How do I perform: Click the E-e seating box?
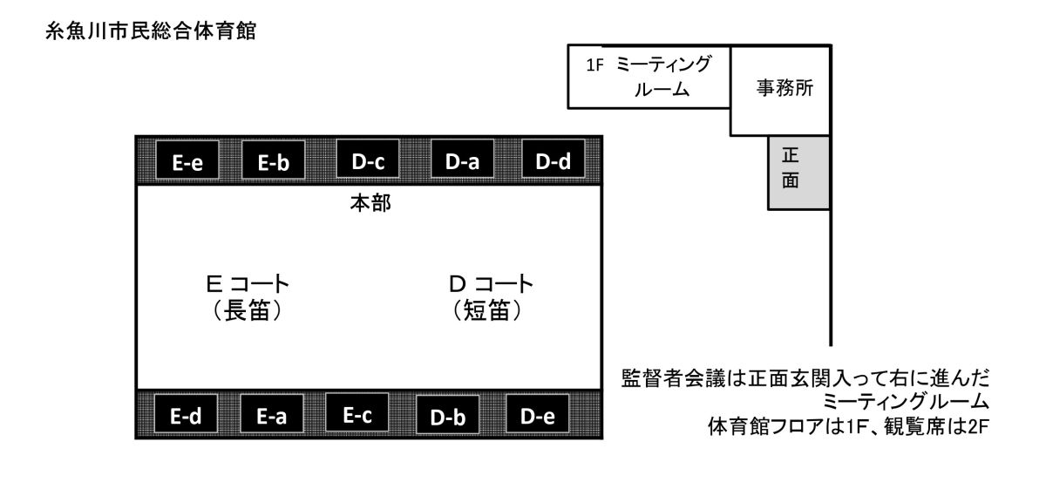pyautogui.click(x=187, y=160)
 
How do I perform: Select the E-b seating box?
pyautogui.click(x=273, y=160)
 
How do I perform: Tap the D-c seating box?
pyautogui.click(x=368, y=159)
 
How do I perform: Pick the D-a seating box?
pyautogui.click(x=462, y=159)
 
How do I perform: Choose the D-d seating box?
pyautogui.click(x=554, y=159)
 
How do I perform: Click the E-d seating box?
pyautogui.click(x=186, y=413)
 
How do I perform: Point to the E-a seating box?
pyautogui.click(x=272, y=413)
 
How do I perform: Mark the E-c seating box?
pyautogui.click(x=357, y=412)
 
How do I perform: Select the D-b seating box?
pyautogui.click(x=448, y=415)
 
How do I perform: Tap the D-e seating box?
pyautogui.click(x=538, y=413)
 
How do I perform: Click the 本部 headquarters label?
pyautogui.click(x=370, y=203)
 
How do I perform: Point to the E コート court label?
pyautogui.click(x=248, y=283)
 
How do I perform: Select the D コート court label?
pyautogui.click(x=491, y=283)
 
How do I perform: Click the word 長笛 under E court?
pyautogui.click(x=247, y=310)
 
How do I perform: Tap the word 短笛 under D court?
pyautogui.click(x=486, y=310)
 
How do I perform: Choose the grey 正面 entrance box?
pyautogui.click(x=799, y=173)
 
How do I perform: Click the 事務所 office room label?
pyautogui.click(x=785, y=88)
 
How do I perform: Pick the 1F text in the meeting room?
pyautogui.click(x=594, y=65)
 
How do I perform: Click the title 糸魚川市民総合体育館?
pyautogui.click(x=151, y=31)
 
